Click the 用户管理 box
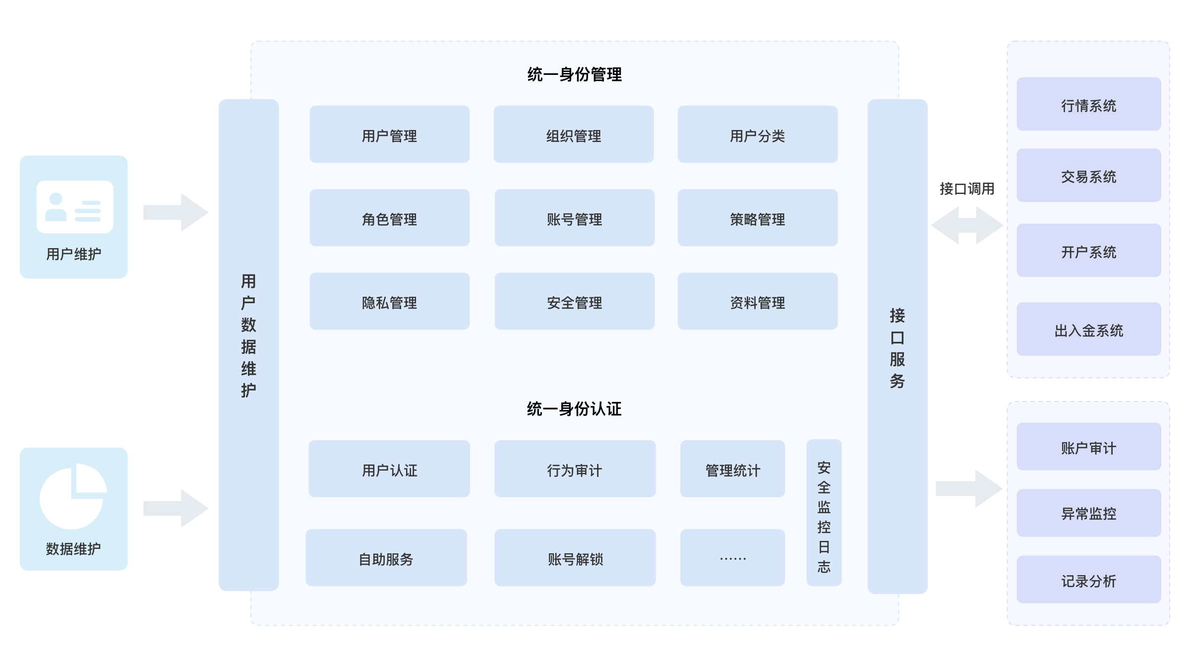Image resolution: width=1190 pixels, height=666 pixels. (x=389, y=134)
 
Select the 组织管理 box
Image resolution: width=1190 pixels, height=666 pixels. (x=573, y=134)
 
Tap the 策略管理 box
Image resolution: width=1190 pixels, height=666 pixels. (x=757, y=217)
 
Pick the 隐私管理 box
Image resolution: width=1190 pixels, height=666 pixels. (x=389, y=301)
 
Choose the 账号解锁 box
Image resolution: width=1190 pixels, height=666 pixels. (x=575, y=557)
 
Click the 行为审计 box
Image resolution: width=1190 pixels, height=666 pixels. (x=575, y=468)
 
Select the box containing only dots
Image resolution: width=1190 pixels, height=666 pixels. (x=732, y=557)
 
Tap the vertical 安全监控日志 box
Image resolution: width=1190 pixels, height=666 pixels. (x=824, y=512)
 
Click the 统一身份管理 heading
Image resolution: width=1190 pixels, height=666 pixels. (x=574, y=74)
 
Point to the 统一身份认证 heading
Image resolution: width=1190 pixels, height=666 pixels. (x=574, y=409)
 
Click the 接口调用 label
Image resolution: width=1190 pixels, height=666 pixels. (x=967, y=189)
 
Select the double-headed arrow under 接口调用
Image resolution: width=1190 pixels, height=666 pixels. (x=967, y=225)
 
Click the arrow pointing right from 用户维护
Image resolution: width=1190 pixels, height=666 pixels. (x=176, y=212)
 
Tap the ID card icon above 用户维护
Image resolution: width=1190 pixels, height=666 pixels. (x=75, y=206)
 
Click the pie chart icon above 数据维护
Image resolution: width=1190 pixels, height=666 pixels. (x=73, y=496)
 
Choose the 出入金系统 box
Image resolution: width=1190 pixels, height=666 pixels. (x=1088, y=329)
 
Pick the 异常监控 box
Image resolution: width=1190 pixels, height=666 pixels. (x=1088, y=513)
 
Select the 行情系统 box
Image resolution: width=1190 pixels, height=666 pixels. (x=1088, y=104)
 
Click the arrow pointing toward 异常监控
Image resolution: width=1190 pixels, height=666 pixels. (x=969, y=488)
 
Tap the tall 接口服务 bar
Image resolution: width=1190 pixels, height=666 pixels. (x=897, y=346)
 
